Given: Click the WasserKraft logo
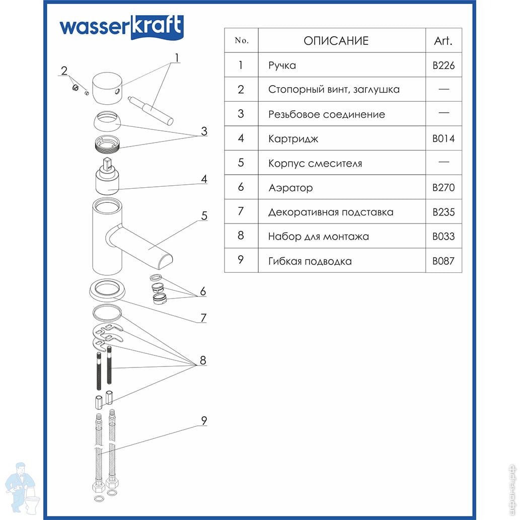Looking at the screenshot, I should (x=121, y=27).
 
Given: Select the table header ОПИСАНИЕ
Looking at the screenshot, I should (x=336, y=41).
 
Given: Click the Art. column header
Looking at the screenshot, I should (x=443, y=41).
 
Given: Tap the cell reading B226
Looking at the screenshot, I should (x=443, y=65).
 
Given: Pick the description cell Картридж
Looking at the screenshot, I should (x=293, y=138).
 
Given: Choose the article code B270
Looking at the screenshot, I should (x=443, y=188).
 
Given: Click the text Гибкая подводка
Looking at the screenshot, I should (x=310, y=261).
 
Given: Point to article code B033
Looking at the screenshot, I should (x=443, y=237).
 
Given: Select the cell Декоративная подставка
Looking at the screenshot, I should (x=331, y=212).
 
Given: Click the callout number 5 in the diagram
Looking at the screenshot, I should (x=204, y=216).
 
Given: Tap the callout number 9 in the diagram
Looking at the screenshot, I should (x=204, y=421).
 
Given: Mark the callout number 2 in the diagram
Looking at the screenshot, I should (x=64, y=70).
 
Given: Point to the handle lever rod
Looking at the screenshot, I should (x=151, y=107).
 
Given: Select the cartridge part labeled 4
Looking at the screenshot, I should (x=108, y=181).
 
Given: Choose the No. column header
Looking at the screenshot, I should (x=242, y=41).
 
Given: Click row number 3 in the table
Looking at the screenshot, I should (x=241, y=114).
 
